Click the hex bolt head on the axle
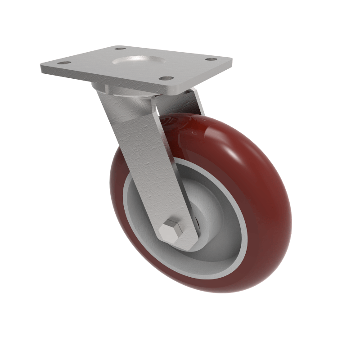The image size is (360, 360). (x=171, y=231)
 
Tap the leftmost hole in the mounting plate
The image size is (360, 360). (x=63, y=63)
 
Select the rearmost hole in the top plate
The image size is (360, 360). (x=120, y=48)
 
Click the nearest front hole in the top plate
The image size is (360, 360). (x=166, y=78)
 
